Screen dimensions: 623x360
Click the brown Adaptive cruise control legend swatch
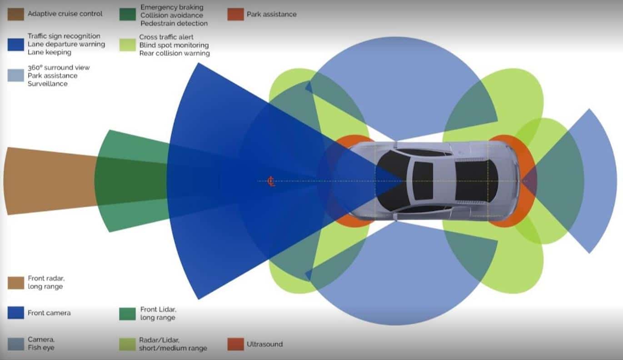15,14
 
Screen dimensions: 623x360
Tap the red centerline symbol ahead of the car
271,181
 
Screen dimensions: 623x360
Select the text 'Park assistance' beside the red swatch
271,14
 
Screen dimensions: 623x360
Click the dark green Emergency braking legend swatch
127,15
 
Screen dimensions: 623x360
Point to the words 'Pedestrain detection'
174,23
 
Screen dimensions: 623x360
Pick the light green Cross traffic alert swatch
127,45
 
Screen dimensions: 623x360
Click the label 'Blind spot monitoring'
174,45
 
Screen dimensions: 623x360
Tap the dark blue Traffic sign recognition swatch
15,45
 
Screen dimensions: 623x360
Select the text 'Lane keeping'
50,52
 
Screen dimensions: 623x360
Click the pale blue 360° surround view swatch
15,75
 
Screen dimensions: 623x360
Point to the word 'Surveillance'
48,84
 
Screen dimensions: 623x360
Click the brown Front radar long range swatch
15,283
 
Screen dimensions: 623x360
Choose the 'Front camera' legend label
49,313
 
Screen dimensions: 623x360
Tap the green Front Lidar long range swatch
127,314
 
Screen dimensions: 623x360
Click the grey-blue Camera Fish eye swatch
15,344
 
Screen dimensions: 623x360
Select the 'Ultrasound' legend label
264,344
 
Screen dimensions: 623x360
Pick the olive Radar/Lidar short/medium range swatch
127,344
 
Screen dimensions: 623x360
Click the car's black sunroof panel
423,181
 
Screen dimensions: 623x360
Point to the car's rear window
476,181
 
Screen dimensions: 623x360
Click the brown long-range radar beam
50,181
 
